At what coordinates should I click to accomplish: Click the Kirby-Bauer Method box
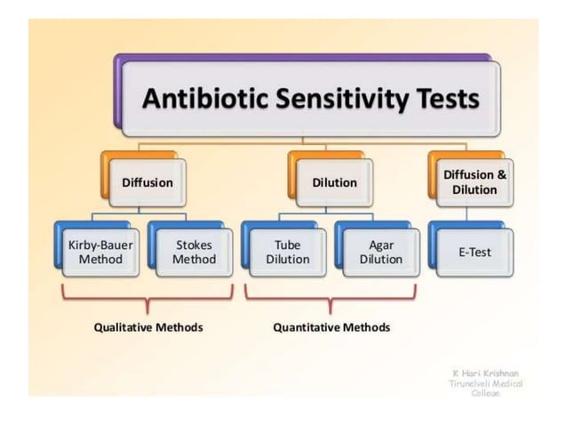click(95, 252)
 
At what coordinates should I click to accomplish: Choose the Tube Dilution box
click(287, 252)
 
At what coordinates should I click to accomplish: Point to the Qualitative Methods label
click(148, 327)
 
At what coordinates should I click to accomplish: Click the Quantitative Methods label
click(331, 327)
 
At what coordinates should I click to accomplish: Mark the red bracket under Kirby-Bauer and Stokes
click(147, 299)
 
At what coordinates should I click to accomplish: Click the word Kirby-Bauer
click(95, 244)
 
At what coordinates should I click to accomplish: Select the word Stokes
click(194, 244)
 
